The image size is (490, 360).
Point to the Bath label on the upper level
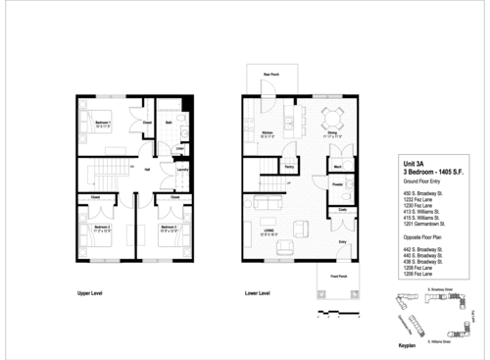pyautogui.click(x=170, y=123)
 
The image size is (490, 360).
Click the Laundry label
pyautogui.click(x=181, y=170)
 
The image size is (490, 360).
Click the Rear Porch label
pyautogui.click(x=271, y=75)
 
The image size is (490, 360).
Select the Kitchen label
pyautogui.click(x=265, y=133)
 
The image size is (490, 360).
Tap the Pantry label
pyautogui.click(x=290, y=168)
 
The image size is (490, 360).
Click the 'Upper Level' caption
pyautogui.click(x=91, y=293)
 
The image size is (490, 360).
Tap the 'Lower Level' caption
pyautogui.click(x=258, y=293)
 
